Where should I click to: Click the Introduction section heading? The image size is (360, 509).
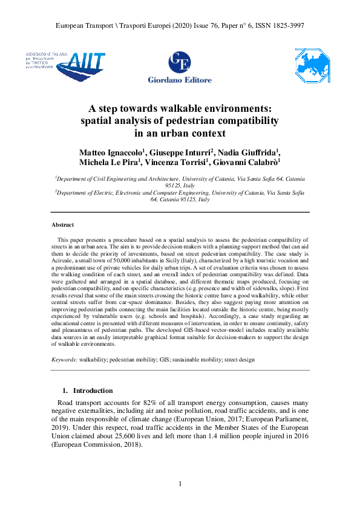point(93,391)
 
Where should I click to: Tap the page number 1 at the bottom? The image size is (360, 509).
point(180,484)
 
